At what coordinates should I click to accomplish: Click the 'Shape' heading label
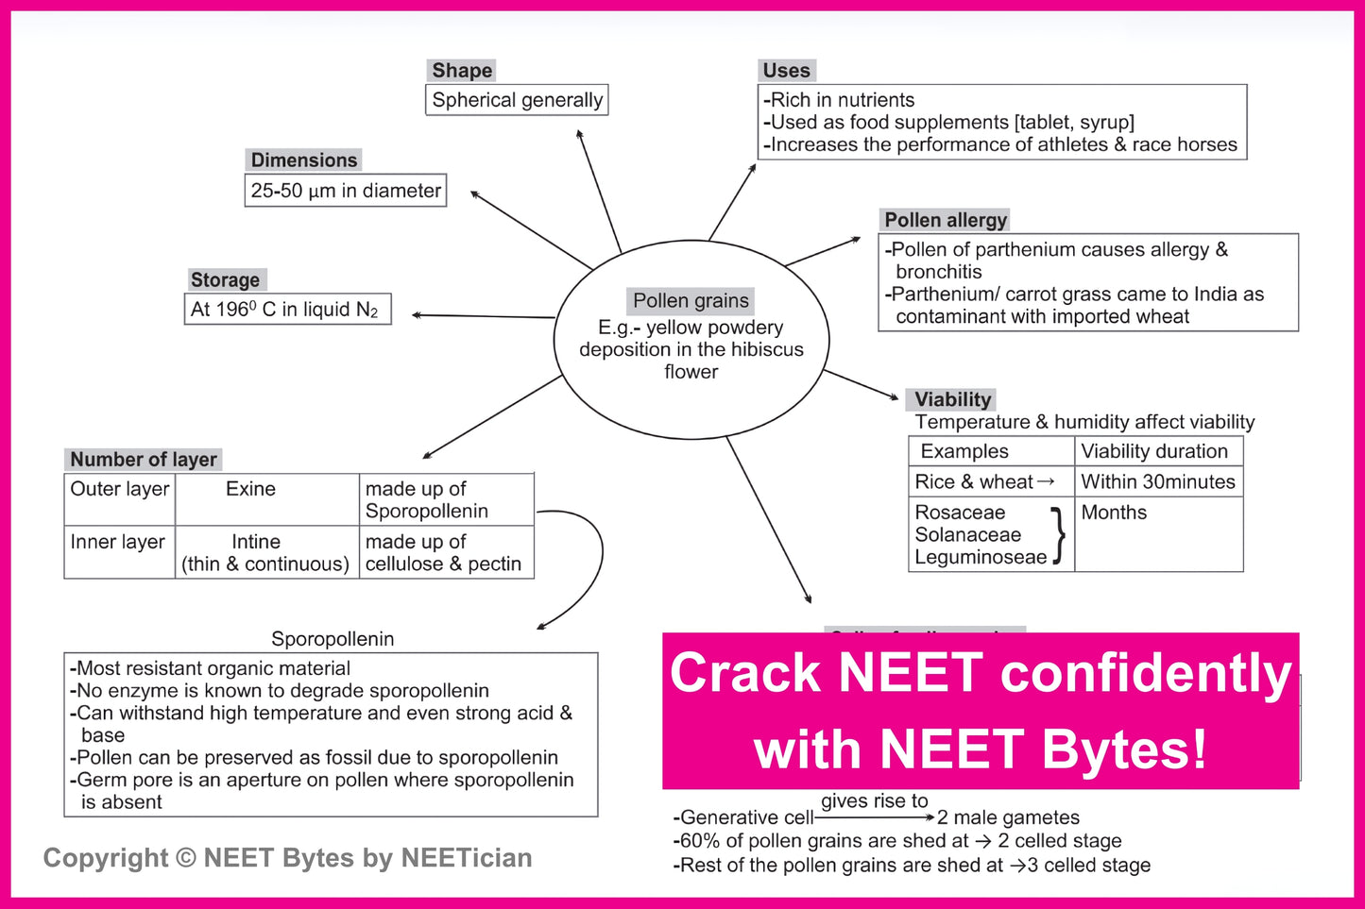[x=462, y=71]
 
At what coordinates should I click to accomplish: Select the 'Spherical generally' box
[x=517, y=100]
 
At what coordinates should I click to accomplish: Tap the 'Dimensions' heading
[x=304, y=160]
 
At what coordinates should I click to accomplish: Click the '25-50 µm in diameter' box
[x=345, y=191]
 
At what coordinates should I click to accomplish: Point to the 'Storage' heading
[x=225, y=280]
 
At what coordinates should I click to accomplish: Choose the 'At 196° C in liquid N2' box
[x=287, y=310]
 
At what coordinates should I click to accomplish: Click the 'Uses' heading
[x=786, y=71]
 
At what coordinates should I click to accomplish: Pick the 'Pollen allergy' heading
[x=945, y=220]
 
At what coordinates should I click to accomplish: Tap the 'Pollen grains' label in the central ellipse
[x=691, y=301]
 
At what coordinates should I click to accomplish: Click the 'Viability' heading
[x=952, y=399]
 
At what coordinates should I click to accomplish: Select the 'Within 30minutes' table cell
[x=1158, y=482]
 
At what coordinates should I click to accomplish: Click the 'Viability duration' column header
[x=1154, y=451]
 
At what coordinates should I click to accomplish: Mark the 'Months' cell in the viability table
[x=1114, y=513]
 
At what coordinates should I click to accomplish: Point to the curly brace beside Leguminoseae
[x=1059, y=535]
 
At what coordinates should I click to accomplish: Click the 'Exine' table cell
[x=250, y=489]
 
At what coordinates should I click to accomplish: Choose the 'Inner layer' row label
[x=118, y=542]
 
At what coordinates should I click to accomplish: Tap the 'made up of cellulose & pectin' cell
[x=444, y=553]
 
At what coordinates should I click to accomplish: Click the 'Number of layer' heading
[x=144, y=460]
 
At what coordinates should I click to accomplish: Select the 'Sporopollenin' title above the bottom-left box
[x=333, y=639]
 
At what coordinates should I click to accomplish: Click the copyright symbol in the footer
[x=186, y=858]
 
